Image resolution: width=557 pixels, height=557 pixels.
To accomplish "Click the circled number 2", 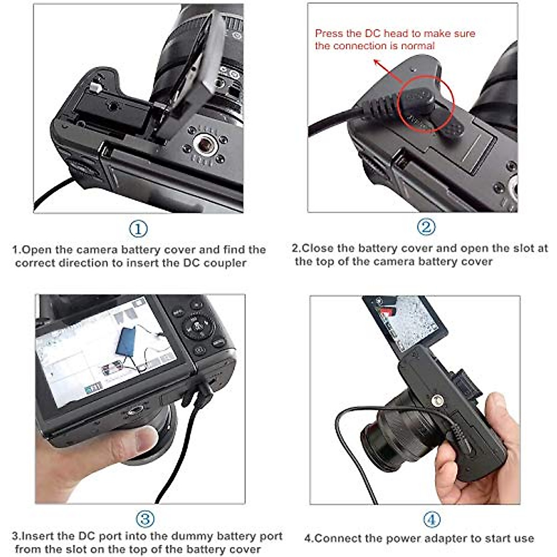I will tap(426, 227).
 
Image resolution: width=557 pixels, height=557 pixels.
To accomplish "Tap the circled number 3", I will tap(145, 519).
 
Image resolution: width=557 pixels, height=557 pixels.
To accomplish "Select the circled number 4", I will tap(432, 519).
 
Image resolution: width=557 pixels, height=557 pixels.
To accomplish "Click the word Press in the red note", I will tap(329, 33).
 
